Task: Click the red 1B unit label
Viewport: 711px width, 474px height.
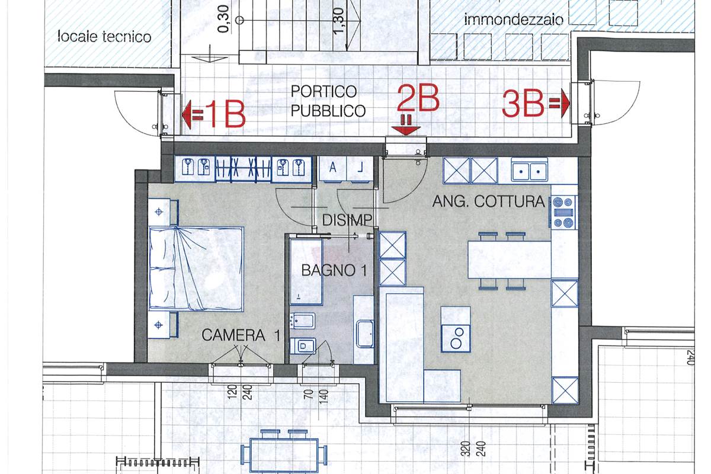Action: pos(224,114)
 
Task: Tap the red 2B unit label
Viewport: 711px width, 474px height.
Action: pos(418,98)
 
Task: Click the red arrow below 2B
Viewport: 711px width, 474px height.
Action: pos(406,125)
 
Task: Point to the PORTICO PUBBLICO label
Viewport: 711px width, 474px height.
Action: pos(328,101)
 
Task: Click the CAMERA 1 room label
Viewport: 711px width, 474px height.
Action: pos(241,335)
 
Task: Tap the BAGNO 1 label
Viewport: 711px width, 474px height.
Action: pos(334,270)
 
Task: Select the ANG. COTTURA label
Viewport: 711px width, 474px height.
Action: pos(488,201)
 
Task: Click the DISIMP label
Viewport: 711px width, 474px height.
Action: pos(347,220)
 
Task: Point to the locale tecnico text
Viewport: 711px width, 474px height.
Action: pos(104,37)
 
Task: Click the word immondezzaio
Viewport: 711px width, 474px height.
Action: pos(514,20)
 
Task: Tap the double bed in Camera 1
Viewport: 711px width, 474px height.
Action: pos(197,268)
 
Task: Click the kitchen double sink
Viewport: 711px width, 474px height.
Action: pos(530,171)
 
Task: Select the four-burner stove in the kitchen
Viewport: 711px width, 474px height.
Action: pos(564,212)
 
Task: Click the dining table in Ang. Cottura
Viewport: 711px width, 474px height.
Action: pos(510,260)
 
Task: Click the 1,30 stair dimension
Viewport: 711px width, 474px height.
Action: pos(339,20)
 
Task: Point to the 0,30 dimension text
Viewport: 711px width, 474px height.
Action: pos(223,19)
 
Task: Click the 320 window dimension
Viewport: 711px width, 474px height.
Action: pos(466,449)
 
